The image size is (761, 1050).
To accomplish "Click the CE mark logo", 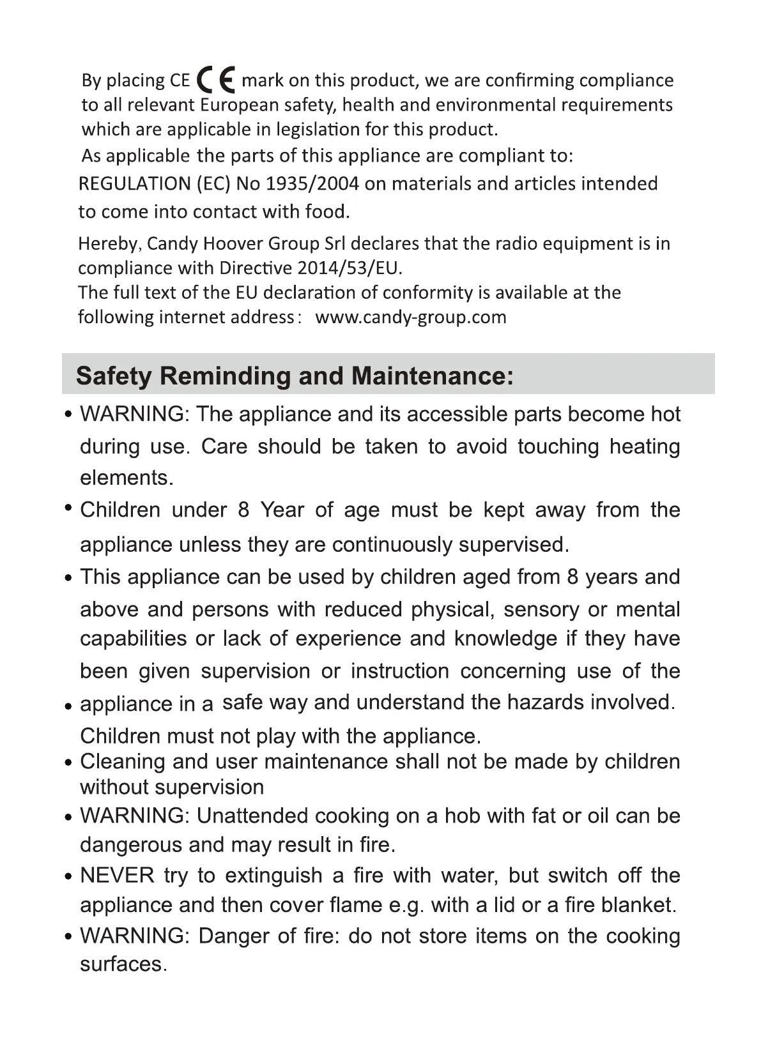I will click(x=216, y=80).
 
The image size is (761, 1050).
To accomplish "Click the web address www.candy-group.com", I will click(x=411, y=317).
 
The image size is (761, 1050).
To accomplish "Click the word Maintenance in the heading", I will click(x=423, y=376).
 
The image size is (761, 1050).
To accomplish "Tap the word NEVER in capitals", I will click(x=117, y=876).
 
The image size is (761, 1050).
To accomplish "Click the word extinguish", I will click(x=273, y=876).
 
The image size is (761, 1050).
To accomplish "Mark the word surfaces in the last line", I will click(x=121, y=964).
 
